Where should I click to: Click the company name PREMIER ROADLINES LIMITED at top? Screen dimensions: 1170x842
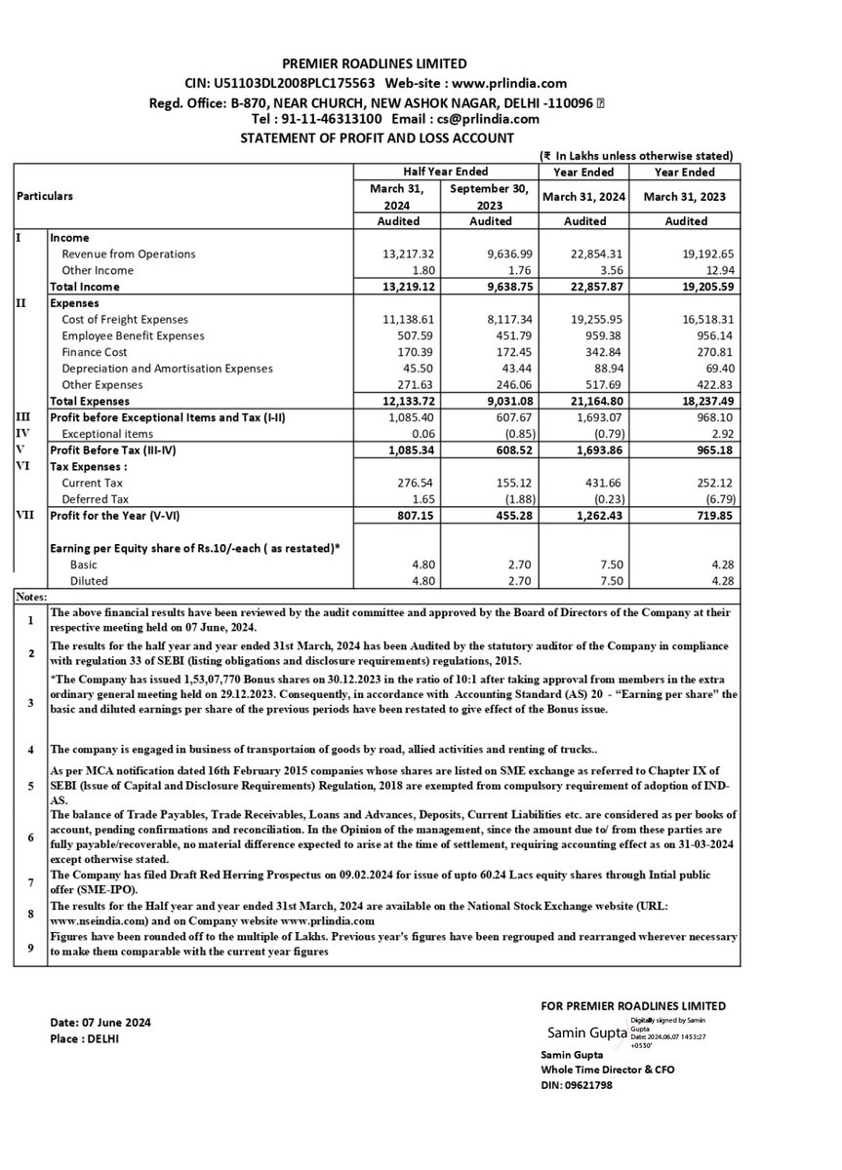(x=375, y=64)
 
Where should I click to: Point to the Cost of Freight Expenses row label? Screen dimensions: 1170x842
(x=125, y=320)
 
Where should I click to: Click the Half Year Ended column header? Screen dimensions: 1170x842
(x=444, y=172)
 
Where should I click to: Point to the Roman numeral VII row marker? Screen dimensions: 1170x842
(x=27, y=515)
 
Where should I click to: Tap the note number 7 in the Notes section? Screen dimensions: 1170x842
(x=30, y=879)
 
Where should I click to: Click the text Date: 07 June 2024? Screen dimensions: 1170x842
(x=100, y=1023)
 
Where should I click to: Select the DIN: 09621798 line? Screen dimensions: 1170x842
(x=576, y=1084)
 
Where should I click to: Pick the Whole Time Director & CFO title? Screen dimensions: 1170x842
(x=607, y=1070)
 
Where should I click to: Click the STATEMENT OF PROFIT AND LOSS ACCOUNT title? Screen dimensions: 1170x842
(x=377, y=137)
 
